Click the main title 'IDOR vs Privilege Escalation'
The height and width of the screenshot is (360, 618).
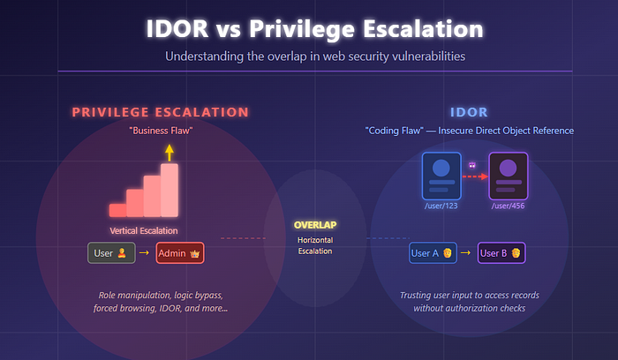point(314,29)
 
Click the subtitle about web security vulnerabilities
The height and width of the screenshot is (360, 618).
point(315,56)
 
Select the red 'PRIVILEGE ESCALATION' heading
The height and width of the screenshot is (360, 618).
point(160,112)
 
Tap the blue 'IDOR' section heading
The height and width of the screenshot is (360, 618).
point(469,112)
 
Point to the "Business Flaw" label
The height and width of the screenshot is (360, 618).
point(161,131)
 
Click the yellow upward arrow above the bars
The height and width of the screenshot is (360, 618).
point(170,153)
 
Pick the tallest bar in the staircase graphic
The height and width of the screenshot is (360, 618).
point(170,191)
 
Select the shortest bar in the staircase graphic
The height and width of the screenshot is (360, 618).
point(117,210)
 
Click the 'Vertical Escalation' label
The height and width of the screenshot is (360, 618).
point(143,231)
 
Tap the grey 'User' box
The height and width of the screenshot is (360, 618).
point(111,253)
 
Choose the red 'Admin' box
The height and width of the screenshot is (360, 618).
point(180,253)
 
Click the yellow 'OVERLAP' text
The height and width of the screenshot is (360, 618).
point(315,225)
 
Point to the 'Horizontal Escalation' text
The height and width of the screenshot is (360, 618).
point(315,245)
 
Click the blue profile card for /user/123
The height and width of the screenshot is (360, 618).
point(441,176)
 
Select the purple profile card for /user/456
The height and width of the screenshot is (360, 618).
point(508,176)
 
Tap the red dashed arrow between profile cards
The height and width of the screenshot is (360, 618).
point(475,176)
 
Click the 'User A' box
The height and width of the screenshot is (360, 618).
point(433,253)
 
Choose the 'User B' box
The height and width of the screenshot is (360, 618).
point(501,253)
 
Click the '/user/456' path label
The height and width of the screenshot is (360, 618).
point(508,206)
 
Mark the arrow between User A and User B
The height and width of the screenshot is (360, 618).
point(465,253)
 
